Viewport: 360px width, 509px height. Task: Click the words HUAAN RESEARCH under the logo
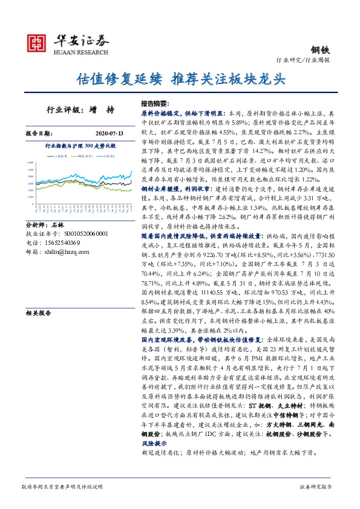(82, 52)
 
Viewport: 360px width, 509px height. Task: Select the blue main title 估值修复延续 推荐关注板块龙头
(180, 79)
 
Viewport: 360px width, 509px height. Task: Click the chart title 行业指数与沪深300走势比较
(80, 146)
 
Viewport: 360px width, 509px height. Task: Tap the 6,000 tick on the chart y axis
(30, 163)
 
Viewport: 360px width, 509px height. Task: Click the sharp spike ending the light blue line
(131, 170)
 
